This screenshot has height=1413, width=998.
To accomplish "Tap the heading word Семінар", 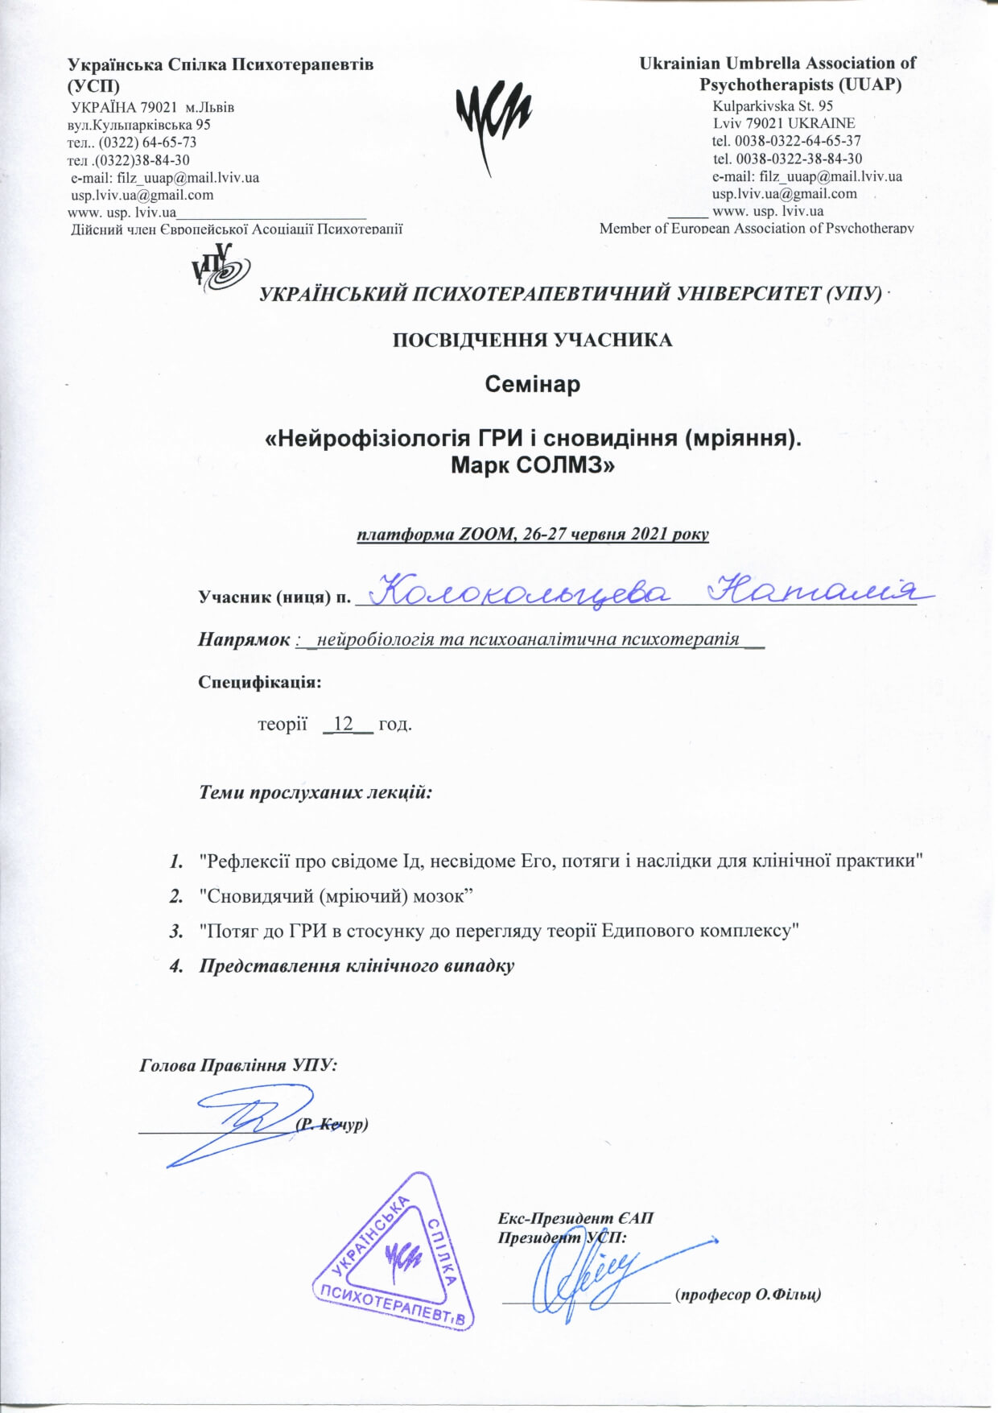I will pyautogui.click(x=532, y=385).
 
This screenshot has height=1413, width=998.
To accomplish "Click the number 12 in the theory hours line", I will pyautogui.click(x=344, y=724).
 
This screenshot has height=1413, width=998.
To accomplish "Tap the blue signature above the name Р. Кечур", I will pyautogui.click(x=241, y=1123).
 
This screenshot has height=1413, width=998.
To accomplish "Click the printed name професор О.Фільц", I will pyautogui.click(x=748, y=1295).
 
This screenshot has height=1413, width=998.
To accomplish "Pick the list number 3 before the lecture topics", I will pyautogui.click(x=175, y=931).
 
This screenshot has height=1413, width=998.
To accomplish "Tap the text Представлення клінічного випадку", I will pyautogui.click(x=357, y=966).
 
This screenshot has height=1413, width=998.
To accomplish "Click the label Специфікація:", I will pyautogui.click(x=260, y=682).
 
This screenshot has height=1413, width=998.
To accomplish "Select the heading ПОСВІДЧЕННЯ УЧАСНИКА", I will pyautogui.click(x=532, y=340).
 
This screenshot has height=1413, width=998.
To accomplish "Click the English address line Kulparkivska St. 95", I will pyautogui.click(x=773, y=105).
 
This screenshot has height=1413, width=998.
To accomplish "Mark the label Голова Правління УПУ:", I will pyautogui.click(x=238, y=1065).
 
